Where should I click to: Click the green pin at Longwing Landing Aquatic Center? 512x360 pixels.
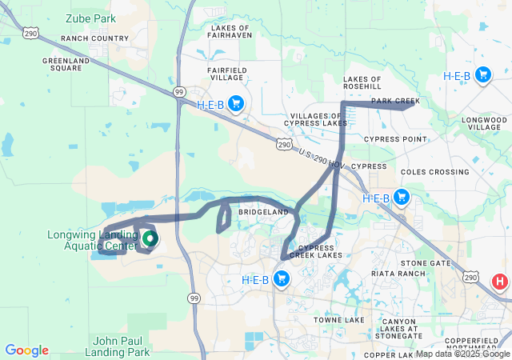[x=149, y=238]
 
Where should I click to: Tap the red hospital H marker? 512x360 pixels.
[x=500, y=282]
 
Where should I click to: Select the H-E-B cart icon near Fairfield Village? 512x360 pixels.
[x=235, y=103]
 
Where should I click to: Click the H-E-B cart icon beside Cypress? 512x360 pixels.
[x=402, y=198]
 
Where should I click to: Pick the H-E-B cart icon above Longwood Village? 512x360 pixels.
[x=483, y=75]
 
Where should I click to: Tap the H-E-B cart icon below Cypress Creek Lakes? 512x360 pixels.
[x=281, y=278]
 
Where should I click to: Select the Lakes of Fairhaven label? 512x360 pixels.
[x=230, y=31]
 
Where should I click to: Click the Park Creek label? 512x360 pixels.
[x=395, y=101]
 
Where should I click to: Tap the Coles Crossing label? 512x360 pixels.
[x=434, y=171]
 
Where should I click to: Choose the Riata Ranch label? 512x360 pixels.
[x=392, y=273]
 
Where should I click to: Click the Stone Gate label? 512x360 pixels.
[x=426, y=262]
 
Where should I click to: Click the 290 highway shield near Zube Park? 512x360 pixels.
[x=30, y=34]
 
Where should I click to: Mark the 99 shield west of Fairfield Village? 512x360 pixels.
[x=180, y=93]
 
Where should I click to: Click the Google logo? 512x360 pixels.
[x=26, y=350]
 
